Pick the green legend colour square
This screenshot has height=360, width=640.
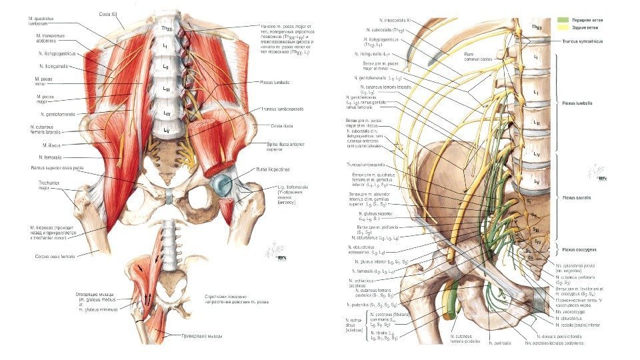point(563,21)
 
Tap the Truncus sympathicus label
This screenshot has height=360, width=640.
point(582,41)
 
